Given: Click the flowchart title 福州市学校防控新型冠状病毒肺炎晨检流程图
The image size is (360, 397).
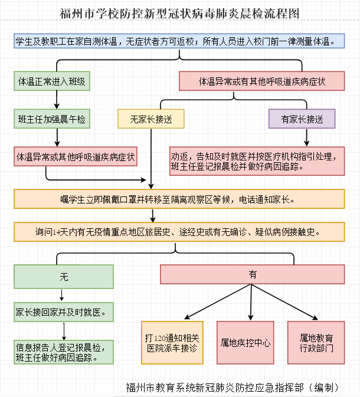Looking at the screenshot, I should [x=179, y=13].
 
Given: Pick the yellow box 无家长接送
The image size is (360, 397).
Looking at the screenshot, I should [x=151, y=119].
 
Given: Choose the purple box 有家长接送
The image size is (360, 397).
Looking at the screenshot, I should [x=302, y=119].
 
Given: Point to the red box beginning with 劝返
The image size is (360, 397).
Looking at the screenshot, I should [x=257, y=160].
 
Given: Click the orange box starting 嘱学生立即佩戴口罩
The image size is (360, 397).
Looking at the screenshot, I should [x=179, y=199].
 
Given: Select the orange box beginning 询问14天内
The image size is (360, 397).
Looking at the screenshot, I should [x=179, y=232].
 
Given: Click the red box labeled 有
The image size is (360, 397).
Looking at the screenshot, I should [x=253, y=274].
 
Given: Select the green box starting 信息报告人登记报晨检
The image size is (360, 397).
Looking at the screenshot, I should [x=64, y=352].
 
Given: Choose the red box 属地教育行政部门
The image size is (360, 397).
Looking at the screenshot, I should [x=316, y=342].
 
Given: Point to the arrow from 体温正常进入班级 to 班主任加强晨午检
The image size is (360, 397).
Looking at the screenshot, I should [x=57, y=100].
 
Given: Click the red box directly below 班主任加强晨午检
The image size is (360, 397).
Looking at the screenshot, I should [x=76, y=157].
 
